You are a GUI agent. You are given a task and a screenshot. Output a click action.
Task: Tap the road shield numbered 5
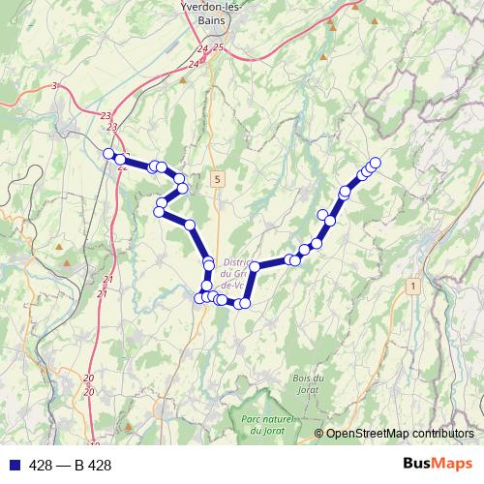pyautogui.click(x=219, y=179)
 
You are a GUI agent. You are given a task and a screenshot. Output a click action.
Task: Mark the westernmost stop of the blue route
pyautogui.click(x=108, y=152)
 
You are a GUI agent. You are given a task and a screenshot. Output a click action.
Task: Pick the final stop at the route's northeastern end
pyautogui.click(x=376, y=163)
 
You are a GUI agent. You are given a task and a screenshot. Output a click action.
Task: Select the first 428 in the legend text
pyautogui.click(x=42, y=466)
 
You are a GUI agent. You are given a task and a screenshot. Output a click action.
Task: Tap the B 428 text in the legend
pyautogui.click(x=94, y=466)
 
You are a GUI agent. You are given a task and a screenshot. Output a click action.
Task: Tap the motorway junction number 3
pyautogui.click(x=55, y=87)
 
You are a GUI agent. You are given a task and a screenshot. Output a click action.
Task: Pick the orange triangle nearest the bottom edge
pyautogui.click(x=129, y=425)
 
